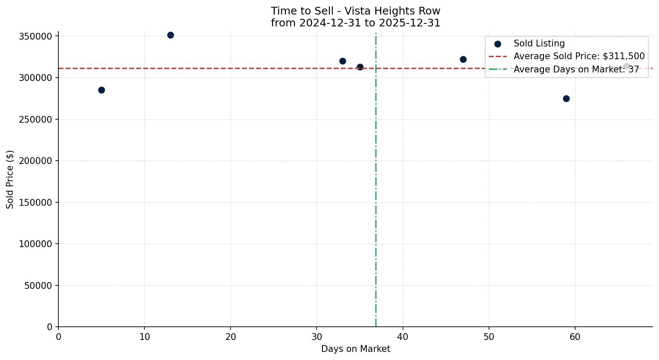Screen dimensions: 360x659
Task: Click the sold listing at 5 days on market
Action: (101, 90)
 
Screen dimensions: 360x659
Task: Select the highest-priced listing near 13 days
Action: (170, 35)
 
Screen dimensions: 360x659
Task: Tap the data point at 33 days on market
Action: (342, 61)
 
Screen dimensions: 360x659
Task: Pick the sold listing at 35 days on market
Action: (360, 67)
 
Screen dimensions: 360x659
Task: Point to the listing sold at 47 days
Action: (463, 59)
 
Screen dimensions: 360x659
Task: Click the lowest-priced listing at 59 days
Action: (566, 98)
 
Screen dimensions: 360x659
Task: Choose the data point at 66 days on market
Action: (627, 66)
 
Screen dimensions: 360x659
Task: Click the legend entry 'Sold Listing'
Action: (539, 43)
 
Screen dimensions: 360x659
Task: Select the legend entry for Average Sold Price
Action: (579, 56)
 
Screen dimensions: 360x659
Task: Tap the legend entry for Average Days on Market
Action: (576, 69)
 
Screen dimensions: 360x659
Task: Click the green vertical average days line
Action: (376, 192)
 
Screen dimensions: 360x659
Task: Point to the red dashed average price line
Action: (256, 68)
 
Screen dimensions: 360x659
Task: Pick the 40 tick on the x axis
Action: (403, 337)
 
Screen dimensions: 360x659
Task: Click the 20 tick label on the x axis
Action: (230, 337)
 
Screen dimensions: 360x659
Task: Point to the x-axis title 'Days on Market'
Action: (356, 349)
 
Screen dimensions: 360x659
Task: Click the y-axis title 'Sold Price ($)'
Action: (10, 179)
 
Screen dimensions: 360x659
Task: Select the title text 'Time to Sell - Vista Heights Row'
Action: (356, 11)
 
